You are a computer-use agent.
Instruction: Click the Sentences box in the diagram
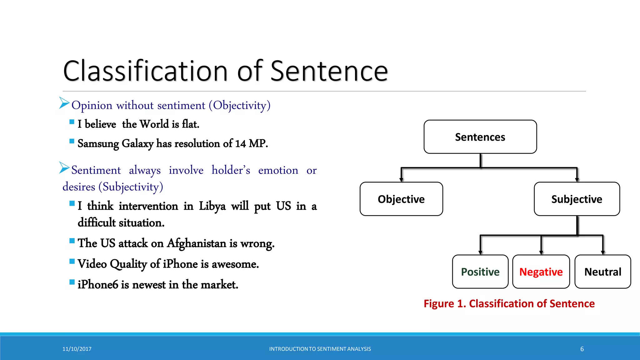[x=480, y=137]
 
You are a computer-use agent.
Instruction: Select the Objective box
[x=401, y=199]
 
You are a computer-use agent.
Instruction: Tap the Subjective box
[x=577, y=199]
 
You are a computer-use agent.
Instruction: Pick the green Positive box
[x=480, y=272]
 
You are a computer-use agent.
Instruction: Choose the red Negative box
[x=541, y=272]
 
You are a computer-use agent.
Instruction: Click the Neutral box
[x=602, y=272]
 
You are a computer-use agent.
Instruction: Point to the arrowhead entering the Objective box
[x=401, y=180]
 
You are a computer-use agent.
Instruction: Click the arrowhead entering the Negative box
[x=541, y=252]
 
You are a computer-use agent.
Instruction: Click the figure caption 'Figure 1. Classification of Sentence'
[x=509, y=303]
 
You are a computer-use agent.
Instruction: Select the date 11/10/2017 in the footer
[x=77, y=349]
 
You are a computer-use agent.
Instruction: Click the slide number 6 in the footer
[x=582, y=349]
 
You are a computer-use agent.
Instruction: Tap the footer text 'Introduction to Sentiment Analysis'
[x=320, y=349]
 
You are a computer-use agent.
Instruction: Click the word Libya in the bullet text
[x=212, y=206]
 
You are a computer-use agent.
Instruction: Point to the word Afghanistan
[x=197, y=243]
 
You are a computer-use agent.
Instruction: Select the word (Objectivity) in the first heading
[x=240, y=105]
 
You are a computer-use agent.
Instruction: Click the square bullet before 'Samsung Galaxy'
[x=72, y=141]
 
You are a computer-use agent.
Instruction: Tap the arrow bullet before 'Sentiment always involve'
[x=64, y=168]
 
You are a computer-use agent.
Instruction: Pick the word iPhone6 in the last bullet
[x=98, y=285]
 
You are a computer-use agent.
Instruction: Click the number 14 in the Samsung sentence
[x=240, y=143]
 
